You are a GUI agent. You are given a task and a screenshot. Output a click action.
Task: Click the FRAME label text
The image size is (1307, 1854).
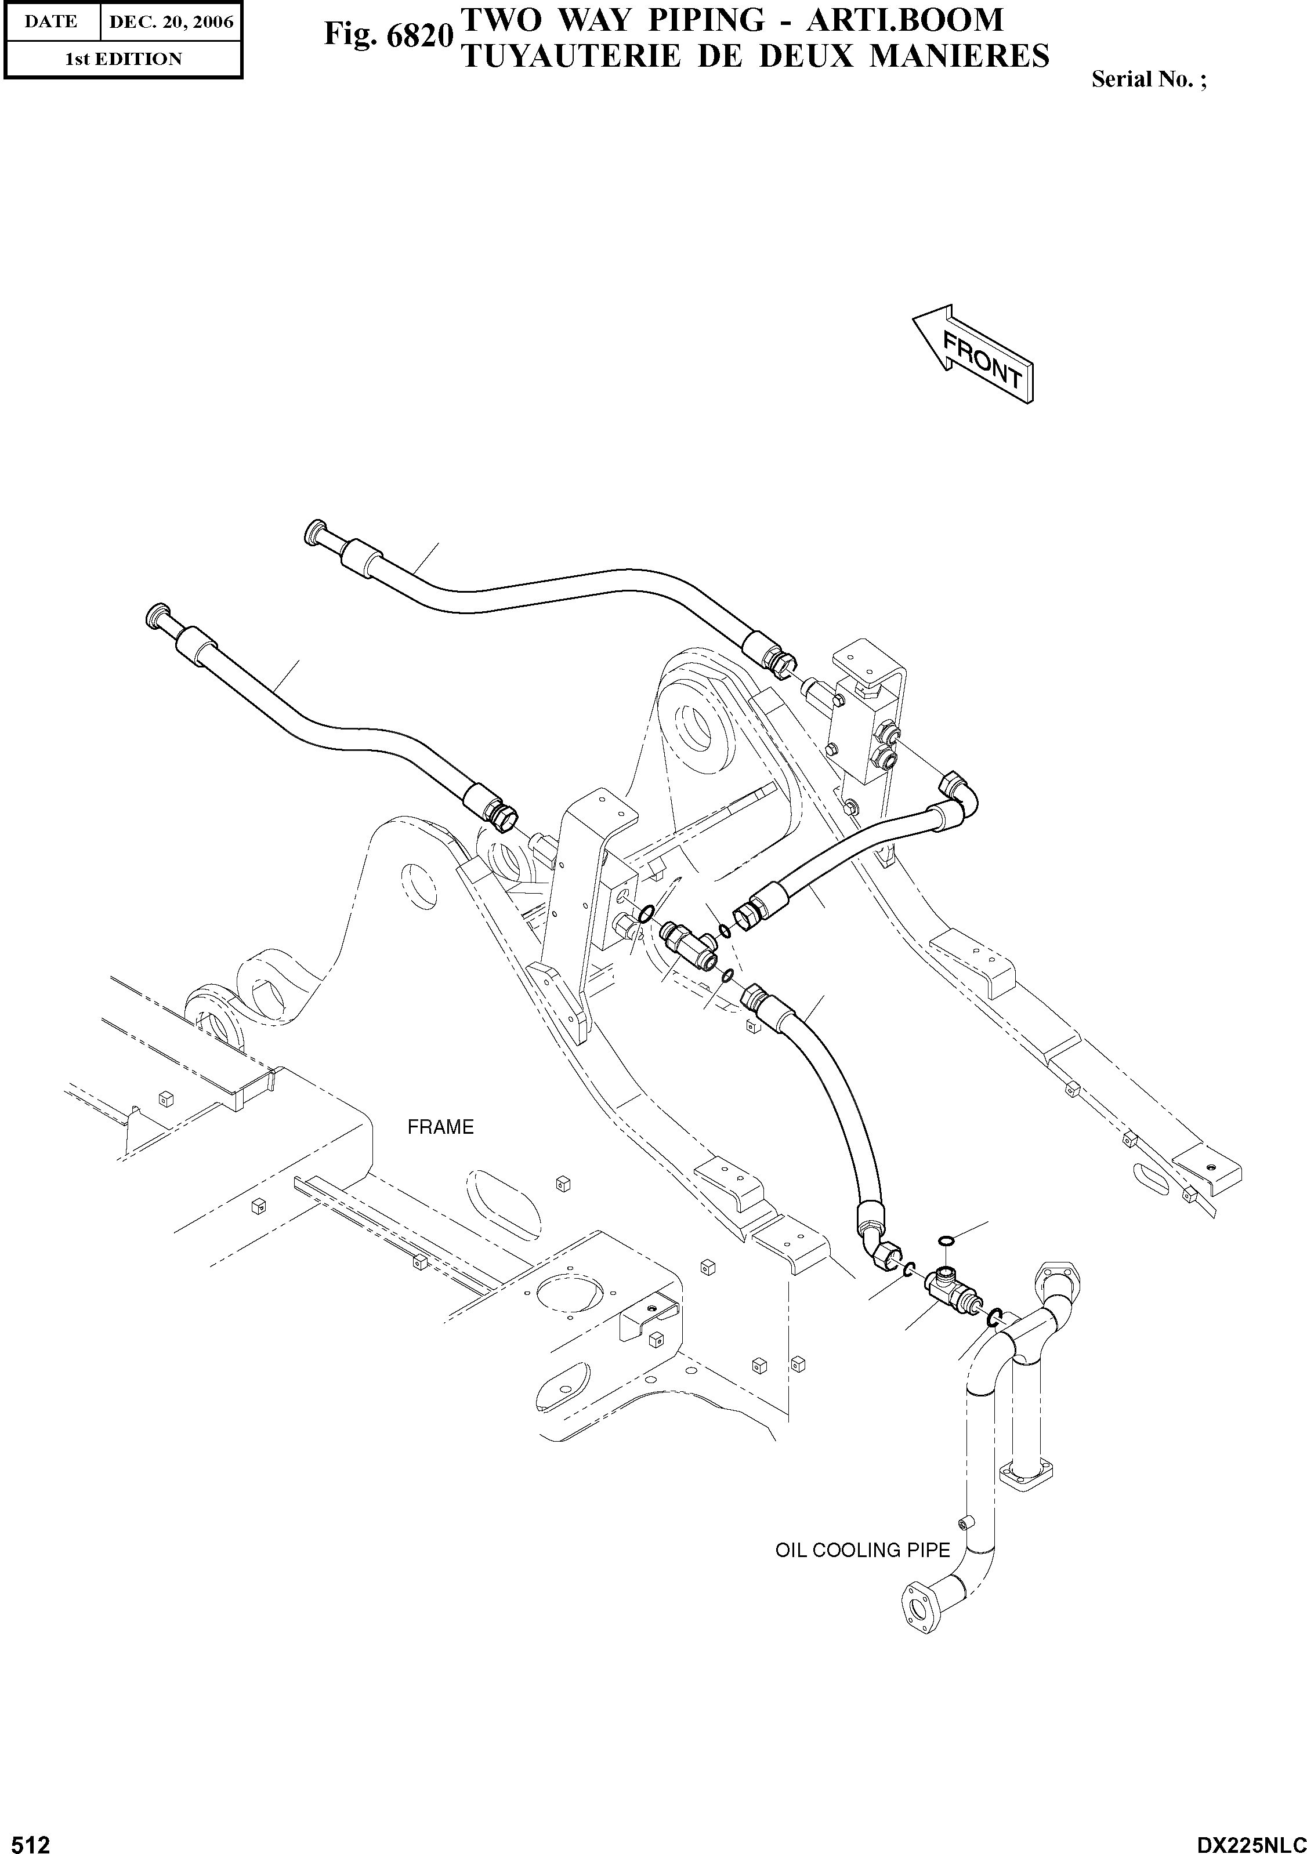point(440,1126)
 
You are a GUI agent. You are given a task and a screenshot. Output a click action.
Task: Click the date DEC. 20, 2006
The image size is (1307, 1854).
point(171,23)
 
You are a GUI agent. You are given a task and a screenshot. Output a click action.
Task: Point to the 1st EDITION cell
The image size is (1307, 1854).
point(123,59)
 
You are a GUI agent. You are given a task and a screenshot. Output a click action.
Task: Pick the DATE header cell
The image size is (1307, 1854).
point(51,23)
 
